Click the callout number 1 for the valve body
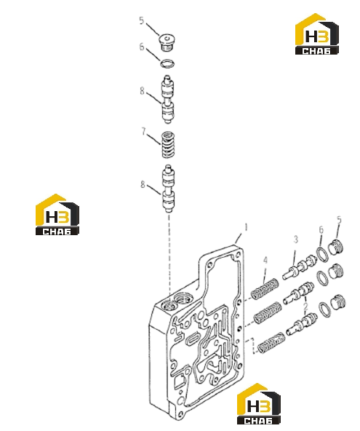pos(246,228)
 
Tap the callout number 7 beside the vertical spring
pos(143,131)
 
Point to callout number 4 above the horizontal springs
pos(265,261)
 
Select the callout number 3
pos(296,240)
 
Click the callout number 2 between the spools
pos(305,307)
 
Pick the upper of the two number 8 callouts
pos(142,90)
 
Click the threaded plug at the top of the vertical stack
pos(167,43)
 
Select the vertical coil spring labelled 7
pos(168,145)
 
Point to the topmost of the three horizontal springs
pos(265,289)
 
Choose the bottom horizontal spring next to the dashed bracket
pos(271,343)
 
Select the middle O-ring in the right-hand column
pos(323,278)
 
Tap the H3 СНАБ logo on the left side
pos(57,214)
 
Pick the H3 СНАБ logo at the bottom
pos(259,403)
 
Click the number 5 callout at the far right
pos(340,220)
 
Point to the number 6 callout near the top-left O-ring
pos(142,47)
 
